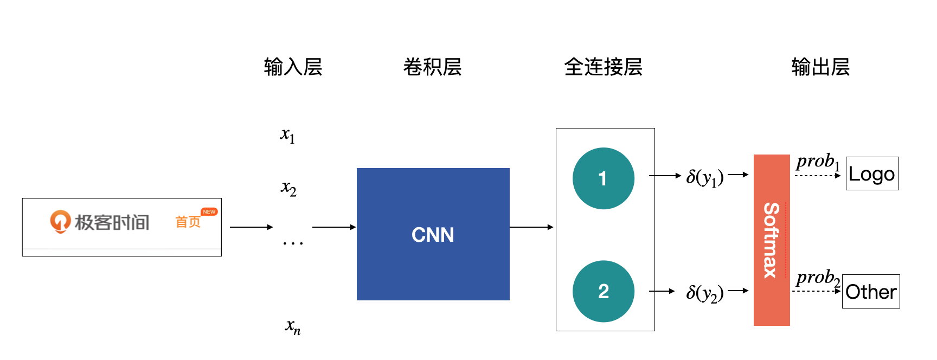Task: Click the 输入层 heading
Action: tap(293, 67)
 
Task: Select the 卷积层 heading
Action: tap(432, 67)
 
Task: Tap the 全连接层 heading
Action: tap(603, 67)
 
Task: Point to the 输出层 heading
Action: tap(820, 67)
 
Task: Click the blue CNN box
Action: tap(433, 234)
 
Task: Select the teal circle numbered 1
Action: tap(603, 178)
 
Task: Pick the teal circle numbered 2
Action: tap(603, 291)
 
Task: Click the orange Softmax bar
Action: tap(771, 240)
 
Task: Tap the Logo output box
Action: tap(871, 173)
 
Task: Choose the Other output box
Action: tap(870, 292)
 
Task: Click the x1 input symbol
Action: tap(287, 135)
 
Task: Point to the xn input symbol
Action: tap(293, 326)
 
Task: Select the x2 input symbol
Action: tap(288, 188)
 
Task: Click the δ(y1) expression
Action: tap(704, 177)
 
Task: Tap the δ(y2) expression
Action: tap(704, 293)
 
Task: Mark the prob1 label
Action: tap(817, 162)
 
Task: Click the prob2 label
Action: tap(817, 278)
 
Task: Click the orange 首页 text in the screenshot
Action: tap(188, 222)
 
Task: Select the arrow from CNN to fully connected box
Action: tap(531, 227)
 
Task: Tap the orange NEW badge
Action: tap(209, 212)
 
